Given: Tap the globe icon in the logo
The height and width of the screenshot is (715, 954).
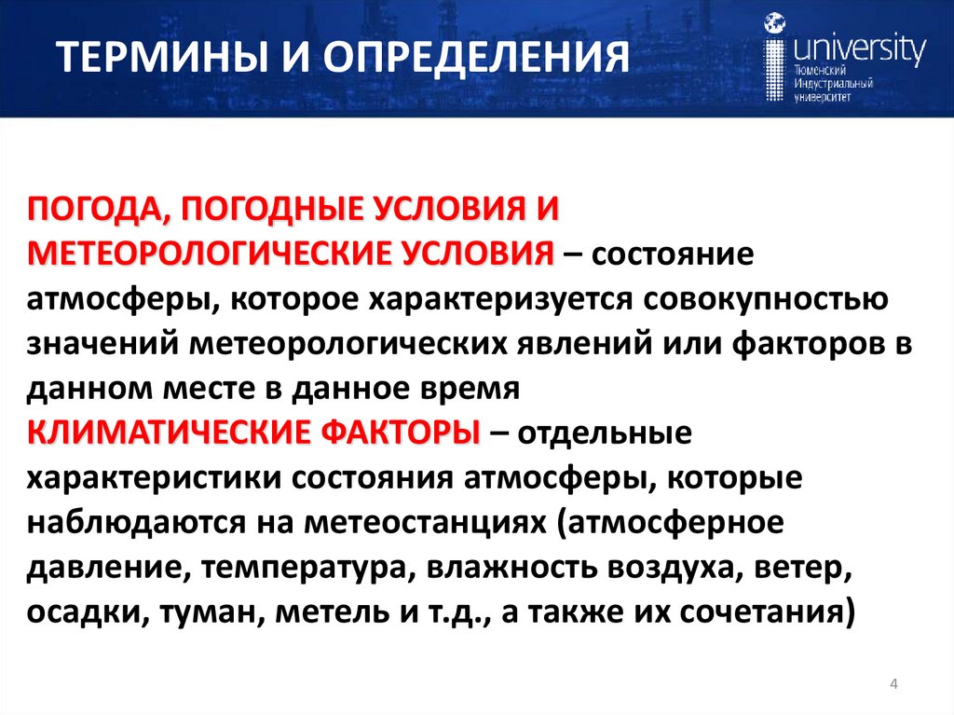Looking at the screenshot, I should (x=773, y=24).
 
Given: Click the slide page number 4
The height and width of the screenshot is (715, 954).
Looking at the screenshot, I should (x=894, y=686).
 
